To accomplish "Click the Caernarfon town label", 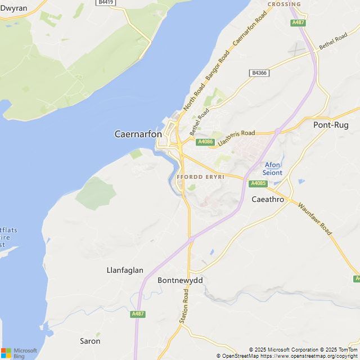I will [x=138, y=134].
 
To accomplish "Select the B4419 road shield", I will [x=105, y=3].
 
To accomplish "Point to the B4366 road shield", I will [x=259, y=73].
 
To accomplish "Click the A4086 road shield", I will [x=205, y=142].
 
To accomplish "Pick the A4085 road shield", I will [x=258, y=183].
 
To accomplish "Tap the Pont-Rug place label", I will [x=330, y=125].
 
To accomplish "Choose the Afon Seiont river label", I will [x=273, y=169].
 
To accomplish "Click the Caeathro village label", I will [x=268, y=199].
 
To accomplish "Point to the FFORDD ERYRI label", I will [x=200, y=177].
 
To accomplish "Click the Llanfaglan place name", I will [x=125, y=270].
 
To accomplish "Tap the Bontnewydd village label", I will [x=180, y=280].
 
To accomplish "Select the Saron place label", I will [x=90, y=341].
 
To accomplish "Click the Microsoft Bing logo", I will [x=19, y=353].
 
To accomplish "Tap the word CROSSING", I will [x=284, y=4].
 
